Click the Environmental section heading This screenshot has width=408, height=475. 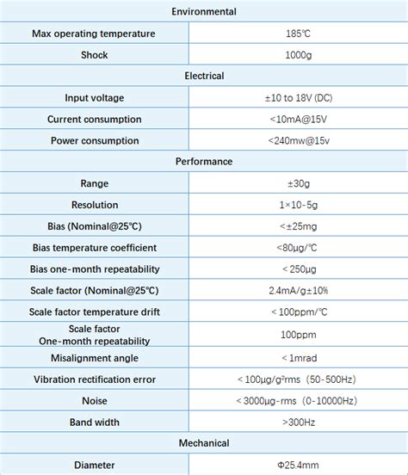pyautogui.click(x=204, y=12)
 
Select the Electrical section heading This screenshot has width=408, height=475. pyautogui.click(x=204, y=76)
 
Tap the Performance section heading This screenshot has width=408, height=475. pyautogui.click(x=204, y=161)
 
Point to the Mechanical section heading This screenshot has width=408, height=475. pyautogui.click(x=204, y=443)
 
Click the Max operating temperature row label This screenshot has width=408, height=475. pyautogui.click(x=94, y=34)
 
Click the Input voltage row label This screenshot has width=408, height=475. pyautogui.click(x=94, y=97)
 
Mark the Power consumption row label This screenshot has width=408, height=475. pyautogui.click(x=94, y=140)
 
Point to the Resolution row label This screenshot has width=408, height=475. pyautogui.click(x=94, y=204)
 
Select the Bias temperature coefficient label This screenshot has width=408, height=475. pyautogui.click(x=94, y=247)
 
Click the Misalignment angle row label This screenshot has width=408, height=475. pyautogui.click(x=94, y=357)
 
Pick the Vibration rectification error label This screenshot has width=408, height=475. pyautogui.click(x=94, y=379)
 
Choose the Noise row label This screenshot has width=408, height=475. pyautogui.click(x=94, y=400)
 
